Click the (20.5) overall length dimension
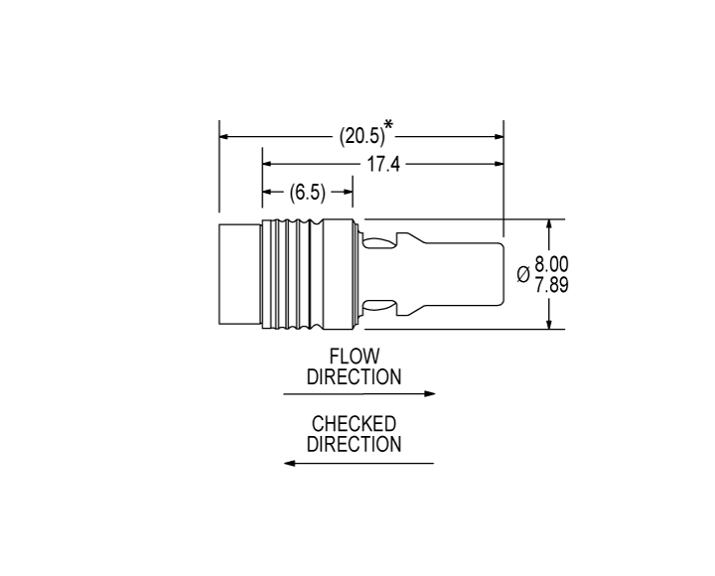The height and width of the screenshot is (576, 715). click(362, 135)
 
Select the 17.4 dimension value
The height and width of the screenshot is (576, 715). click(383, 164)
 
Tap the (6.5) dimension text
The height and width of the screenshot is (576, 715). click(308, 192)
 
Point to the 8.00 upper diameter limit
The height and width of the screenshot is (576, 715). click(551, 264)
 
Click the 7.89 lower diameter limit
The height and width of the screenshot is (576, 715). click(551, 285)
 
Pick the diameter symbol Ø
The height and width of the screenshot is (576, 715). click(523, 274)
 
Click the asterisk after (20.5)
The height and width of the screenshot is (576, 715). click(388, 124)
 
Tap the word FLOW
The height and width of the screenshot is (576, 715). click(355, 357)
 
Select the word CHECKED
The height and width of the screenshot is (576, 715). click(354, 424)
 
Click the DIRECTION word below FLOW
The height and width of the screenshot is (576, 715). click(354, 376)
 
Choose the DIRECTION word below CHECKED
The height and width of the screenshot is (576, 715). click(354, 444)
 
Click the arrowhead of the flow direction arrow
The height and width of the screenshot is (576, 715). click(430, 393)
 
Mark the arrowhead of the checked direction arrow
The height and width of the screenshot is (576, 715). click(290, 463)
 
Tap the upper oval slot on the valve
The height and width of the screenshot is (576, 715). click(378, 243)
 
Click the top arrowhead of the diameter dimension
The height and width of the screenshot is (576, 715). click(549, 225)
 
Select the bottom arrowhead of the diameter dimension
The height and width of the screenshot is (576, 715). click(549, 323)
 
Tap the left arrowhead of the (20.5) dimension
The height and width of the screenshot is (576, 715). click(225, 136)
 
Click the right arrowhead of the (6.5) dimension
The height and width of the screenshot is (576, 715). click(347, 192)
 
